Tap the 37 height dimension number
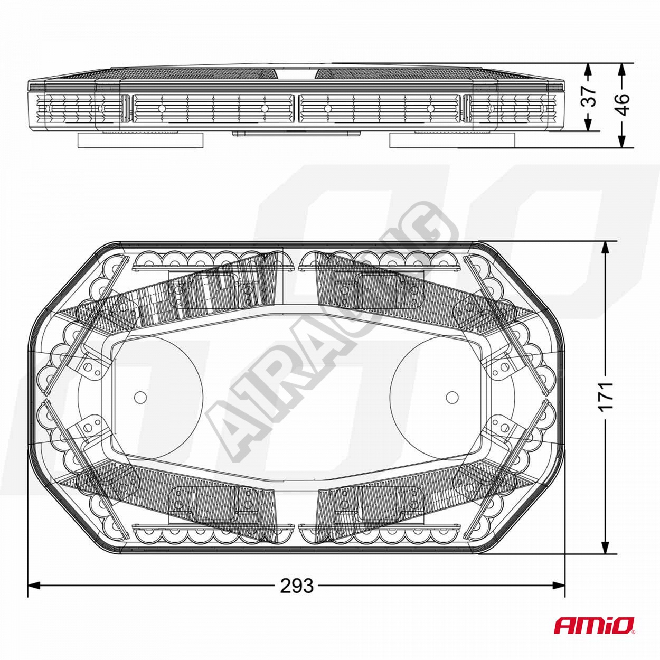(x=589, y=96)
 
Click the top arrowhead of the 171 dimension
(x=606, y=248)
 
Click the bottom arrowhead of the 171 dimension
(x=606, y=546)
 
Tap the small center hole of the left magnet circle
(x=140, y=397)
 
